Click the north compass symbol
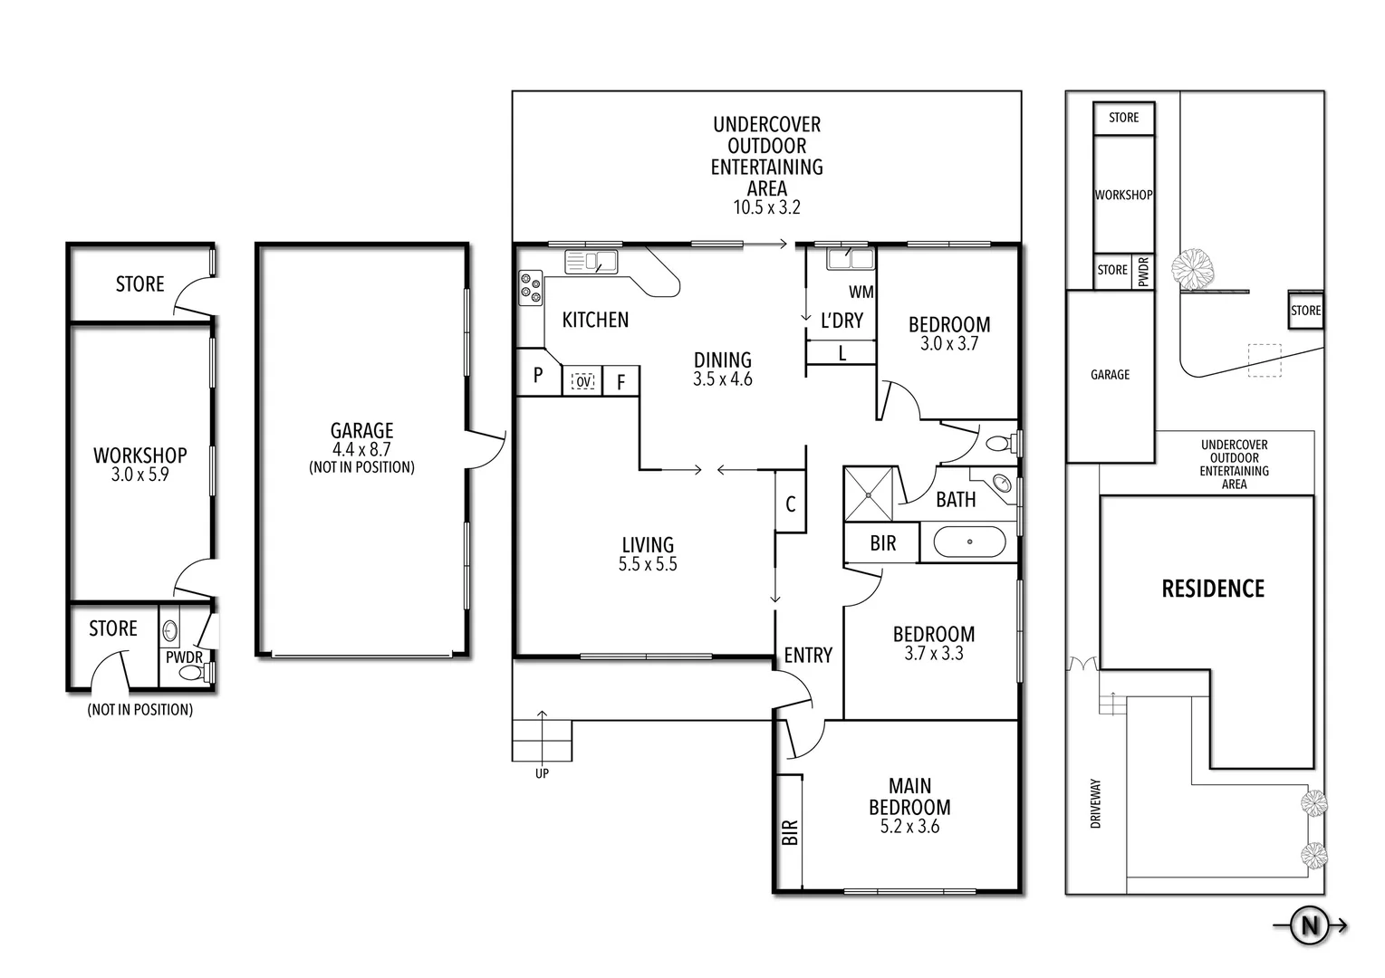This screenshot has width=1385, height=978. [x=1310, y=925]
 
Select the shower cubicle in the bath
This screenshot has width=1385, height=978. [x=870, y=494]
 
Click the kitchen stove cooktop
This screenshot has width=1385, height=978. [x=530, y=288]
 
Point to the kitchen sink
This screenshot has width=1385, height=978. [x=591, y=262]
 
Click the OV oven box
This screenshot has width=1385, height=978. [x=583, y=382]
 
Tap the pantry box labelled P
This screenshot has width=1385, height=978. [x=537, y=375]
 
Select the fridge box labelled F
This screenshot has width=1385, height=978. [x=621, y=382]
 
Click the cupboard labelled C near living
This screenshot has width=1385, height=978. [x=790, y=503]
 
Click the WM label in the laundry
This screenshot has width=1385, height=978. [x=861, y=292]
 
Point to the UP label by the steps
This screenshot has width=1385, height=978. [x=541, y=773]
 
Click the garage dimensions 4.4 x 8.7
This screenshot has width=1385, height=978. [x=361, y=449]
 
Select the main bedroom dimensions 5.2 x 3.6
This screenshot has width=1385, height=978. [x=909, y=827]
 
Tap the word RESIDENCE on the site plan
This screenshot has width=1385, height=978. [x=1212, y=590]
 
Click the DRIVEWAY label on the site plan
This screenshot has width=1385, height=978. [x=1095, y=803]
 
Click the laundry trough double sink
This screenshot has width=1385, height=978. [x=850, y=259]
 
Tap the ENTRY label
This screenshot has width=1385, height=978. [x=807, y=655]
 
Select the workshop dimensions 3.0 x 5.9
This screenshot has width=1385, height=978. [x=139, y=474]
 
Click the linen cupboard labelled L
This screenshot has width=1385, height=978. [x=842, y=354]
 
